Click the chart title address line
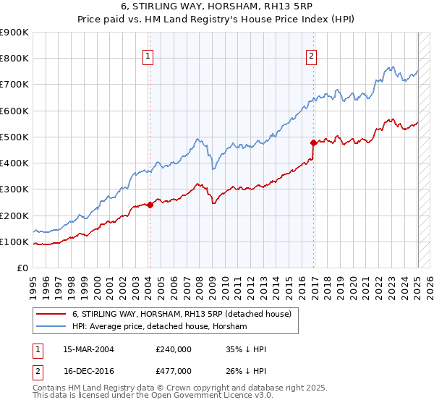pyautogui.click(x=217, y=7)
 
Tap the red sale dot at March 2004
pyautogui.click(x=150, y=205)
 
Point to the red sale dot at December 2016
pyautogui.click(x=313, y=142)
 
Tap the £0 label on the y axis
pyautogui.click(x=22, y=268)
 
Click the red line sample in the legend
pyautogui.click(x=52, y=314)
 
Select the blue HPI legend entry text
pyautogui.click(x=159, y=327)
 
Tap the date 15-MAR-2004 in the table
pyautogui.click(x=89, y=349)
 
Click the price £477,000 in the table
pyautogui.click(x=173, y=370)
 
